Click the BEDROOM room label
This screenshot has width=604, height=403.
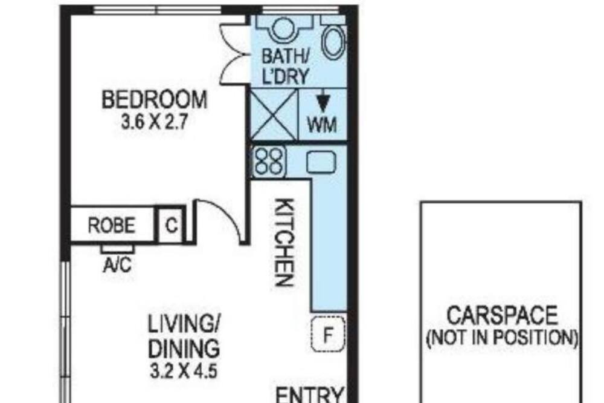pyautogui.click(x=155, y=99)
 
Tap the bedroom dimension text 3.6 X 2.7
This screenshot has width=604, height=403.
pyautogui.click(x=155, y=122)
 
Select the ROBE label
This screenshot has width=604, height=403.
pyautogui.click(x=112, y=226)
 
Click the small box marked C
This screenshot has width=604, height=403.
pyautogui.click(x=172, y=226)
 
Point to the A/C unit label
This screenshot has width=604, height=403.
pyautogui.click(x=117, y=265)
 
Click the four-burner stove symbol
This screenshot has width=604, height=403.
pyautogui.click(x=269, y=162)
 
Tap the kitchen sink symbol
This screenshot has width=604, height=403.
pyautogui.click(x=321, y=162)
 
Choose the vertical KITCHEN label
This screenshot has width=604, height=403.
pyautogui.click(x=286, y=243)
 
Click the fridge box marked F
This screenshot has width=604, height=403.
pyautogui.click(x=328, y=334)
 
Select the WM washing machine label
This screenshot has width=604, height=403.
pyautogui.click(x=322, y=125)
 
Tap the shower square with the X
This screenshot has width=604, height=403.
pyautogui.click(x=274, y=114)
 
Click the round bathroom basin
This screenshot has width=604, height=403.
pyautogui.click(x=284, y=28)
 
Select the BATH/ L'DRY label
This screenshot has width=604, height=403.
pyautogui.click(x=286, y=67)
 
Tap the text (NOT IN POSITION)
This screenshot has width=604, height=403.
pyautogui.click(x=503, y=338)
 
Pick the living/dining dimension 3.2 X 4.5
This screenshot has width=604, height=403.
pyautogui.click(x=184, y=372)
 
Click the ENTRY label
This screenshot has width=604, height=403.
pyautogui.click(x=309, y=395)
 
